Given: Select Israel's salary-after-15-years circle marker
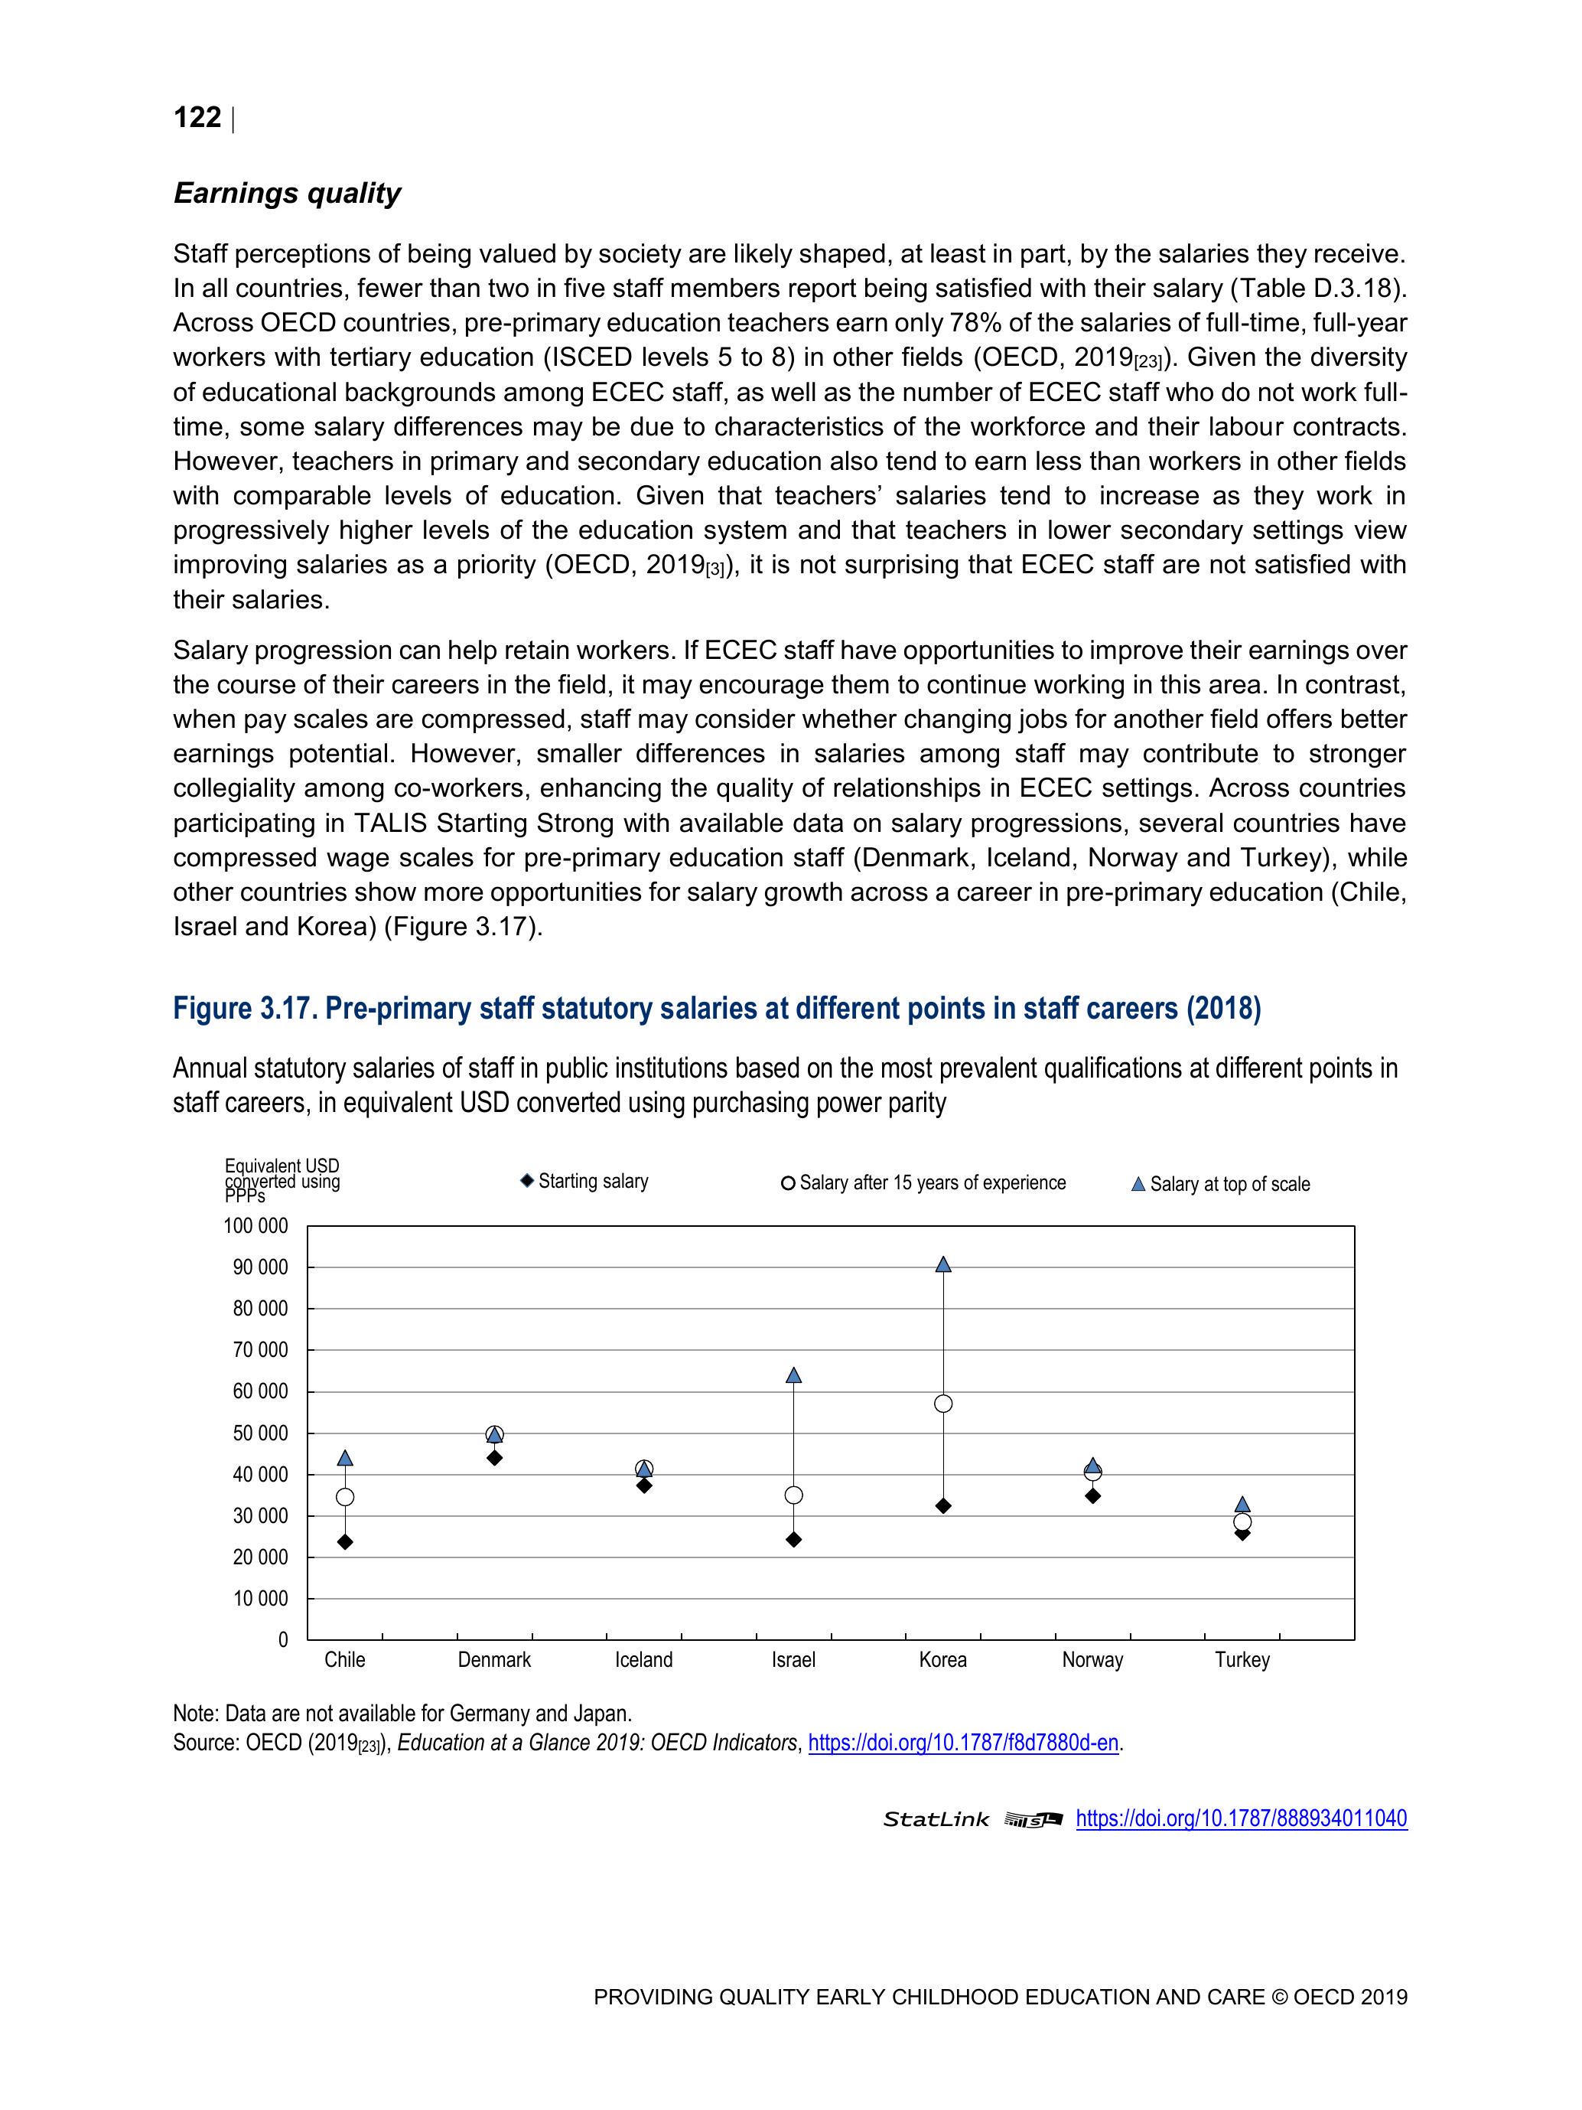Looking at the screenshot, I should point(793,1495).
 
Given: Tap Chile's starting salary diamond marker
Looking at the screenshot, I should point(345,1541).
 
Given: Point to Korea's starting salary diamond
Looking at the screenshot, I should point(943,1506).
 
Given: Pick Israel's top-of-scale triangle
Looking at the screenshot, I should point(793,1375).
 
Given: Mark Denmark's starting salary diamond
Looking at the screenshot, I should point(494,1457).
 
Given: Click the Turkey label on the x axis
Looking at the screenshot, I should point(1242,1660).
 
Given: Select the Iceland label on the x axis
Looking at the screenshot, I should point(643,1660).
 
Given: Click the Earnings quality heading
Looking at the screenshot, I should point(287,193).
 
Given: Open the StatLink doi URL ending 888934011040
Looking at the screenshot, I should point(1241,1818).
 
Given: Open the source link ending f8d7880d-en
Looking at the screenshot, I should point(963,1743).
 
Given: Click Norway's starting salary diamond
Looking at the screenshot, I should point(1093,1495).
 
